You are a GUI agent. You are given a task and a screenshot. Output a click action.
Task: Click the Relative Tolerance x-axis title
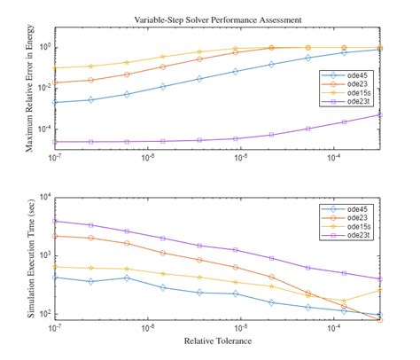pyautogui.click(x=217, y=341)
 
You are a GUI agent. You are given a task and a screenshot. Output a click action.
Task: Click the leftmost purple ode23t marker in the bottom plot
pyautogui.click(x=55, y=221)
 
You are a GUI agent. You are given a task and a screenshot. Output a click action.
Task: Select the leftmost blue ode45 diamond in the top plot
pyautogui.click(x=55, y=102)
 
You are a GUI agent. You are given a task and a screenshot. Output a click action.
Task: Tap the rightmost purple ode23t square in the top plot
pyautogui.click(x=380, y=114)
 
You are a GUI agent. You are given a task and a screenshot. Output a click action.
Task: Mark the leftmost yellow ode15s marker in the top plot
pyautogui.click(x=55, y=68)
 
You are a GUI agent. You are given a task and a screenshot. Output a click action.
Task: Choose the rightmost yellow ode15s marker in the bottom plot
pyautogui.click(x=380, y=290)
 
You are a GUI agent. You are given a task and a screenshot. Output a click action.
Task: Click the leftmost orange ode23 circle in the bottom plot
pyautogui.click(x=55, y=236)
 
